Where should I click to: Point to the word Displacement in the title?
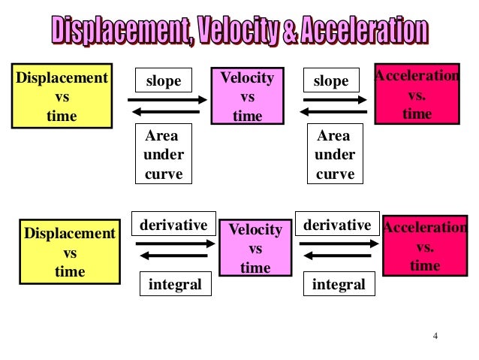(x=119, y=31)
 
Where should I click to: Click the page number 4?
(x=435, y=336)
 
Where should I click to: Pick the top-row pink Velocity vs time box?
(x=247, y=96)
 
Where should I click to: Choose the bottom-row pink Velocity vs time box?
(x=255, y=247)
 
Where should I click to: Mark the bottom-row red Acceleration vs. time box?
(x=424, y=246)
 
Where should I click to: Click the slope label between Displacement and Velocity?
(x=163, y=80)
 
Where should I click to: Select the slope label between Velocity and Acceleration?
(x=330, y=80)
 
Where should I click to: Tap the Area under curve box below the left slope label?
(x=163, y=155)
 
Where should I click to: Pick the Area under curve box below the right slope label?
(x=334, y=155)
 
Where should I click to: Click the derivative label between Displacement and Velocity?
(x=174, y=225)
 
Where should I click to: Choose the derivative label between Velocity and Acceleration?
(x=337, y=225)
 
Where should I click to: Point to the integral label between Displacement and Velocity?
(x=175, y=285)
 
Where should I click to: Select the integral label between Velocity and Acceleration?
(x=339, y=285)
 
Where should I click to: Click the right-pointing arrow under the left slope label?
(x=167, y=99)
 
